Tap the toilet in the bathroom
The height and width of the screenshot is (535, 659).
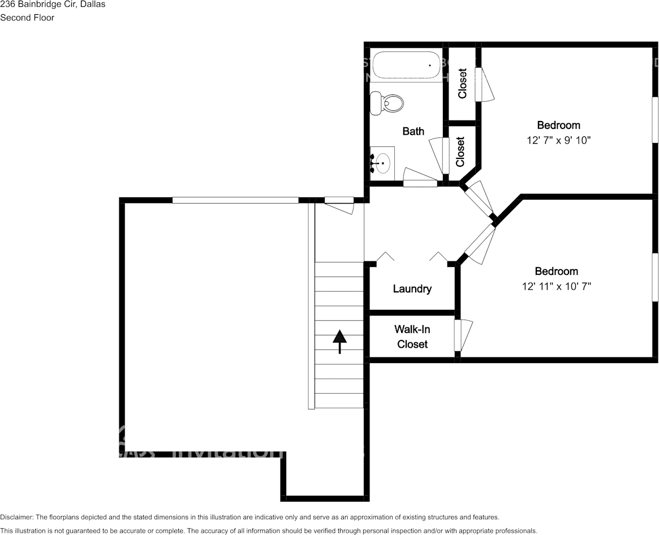[388, 103]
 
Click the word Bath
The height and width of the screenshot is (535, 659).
[413, 131]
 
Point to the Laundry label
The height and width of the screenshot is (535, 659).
[412, 289]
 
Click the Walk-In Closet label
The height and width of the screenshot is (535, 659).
[412, 336]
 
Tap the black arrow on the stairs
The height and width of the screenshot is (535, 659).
[339, 341]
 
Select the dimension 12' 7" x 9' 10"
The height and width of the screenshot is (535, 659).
[558, 140]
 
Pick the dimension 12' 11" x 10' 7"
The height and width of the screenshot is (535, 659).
[557, 286]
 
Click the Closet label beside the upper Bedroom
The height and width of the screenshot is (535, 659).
[462, 83]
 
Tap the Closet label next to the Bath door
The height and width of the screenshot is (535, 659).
[460, 152]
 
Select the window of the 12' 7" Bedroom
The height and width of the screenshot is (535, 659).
[655, 119]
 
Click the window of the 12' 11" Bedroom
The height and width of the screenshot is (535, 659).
[655, 276]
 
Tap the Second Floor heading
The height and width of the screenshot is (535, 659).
[27, 18]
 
